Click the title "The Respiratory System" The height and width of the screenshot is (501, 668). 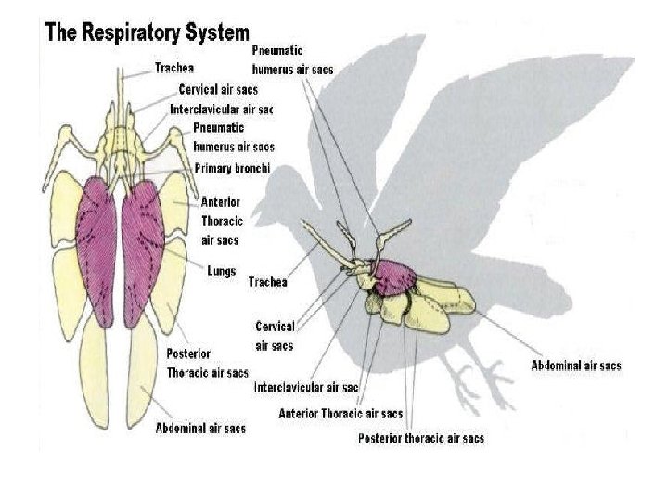tap(147, 33)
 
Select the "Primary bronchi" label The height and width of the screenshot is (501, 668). tap(232, 168)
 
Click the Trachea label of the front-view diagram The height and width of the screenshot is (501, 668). tap(173, 68)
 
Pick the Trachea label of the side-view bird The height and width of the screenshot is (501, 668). tap(267, 282)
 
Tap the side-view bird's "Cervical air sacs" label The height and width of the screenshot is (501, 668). tap(275, 336)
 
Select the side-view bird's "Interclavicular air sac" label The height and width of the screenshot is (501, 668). tap(306, 387)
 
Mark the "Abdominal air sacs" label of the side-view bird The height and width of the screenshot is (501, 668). tap(575, 366)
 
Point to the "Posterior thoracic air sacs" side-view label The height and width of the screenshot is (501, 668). tap(420, 438)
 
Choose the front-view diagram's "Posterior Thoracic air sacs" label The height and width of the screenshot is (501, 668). tap(207, 363)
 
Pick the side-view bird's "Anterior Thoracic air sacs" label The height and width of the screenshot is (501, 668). tap(341, 414)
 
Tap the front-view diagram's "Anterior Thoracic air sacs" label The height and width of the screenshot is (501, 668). tap(220, 221)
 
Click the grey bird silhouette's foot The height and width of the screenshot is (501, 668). tap(487, 376)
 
